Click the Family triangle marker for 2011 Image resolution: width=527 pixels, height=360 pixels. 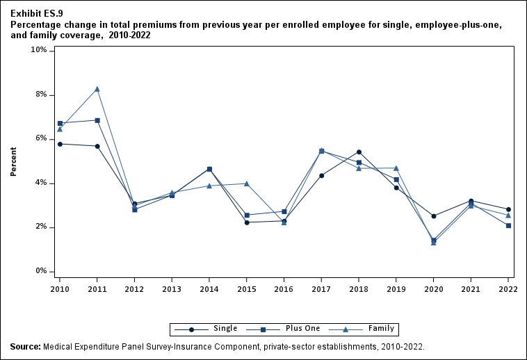coord(97,89)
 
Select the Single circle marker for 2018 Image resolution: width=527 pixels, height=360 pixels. coord(359,152)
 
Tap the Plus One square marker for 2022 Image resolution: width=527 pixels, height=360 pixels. coord(508,225)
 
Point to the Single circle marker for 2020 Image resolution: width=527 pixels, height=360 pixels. coord(433,216)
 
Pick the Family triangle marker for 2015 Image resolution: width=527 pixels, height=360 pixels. coord(247,183)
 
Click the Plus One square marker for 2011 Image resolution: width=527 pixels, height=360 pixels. coord(97,120)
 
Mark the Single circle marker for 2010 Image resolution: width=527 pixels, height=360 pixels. coord(60,144)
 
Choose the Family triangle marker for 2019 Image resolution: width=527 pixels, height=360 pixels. coord(396,168)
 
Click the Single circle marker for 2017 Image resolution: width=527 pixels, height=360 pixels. coord(321,175)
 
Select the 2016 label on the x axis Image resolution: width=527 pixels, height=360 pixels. coord(284,288)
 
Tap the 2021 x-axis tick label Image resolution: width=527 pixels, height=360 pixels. coord(471,288)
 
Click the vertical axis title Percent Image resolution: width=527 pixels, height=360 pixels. coord(13,161)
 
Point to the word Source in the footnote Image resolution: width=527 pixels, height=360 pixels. coord(25,345)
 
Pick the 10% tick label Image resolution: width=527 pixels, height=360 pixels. coord(38,50)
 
